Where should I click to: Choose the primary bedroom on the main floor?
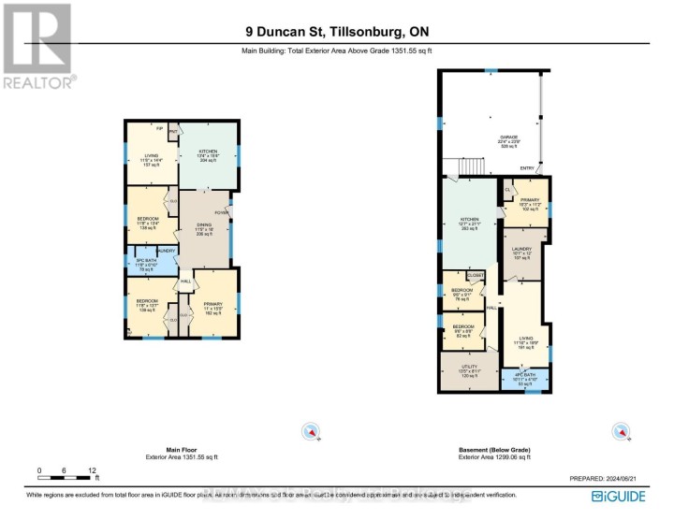(212, 306)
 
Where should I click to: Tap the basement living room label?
(526, 340)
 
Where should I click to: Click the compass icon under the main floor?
(311, 431)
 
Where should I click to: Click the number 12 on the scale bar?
(92, 470)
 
